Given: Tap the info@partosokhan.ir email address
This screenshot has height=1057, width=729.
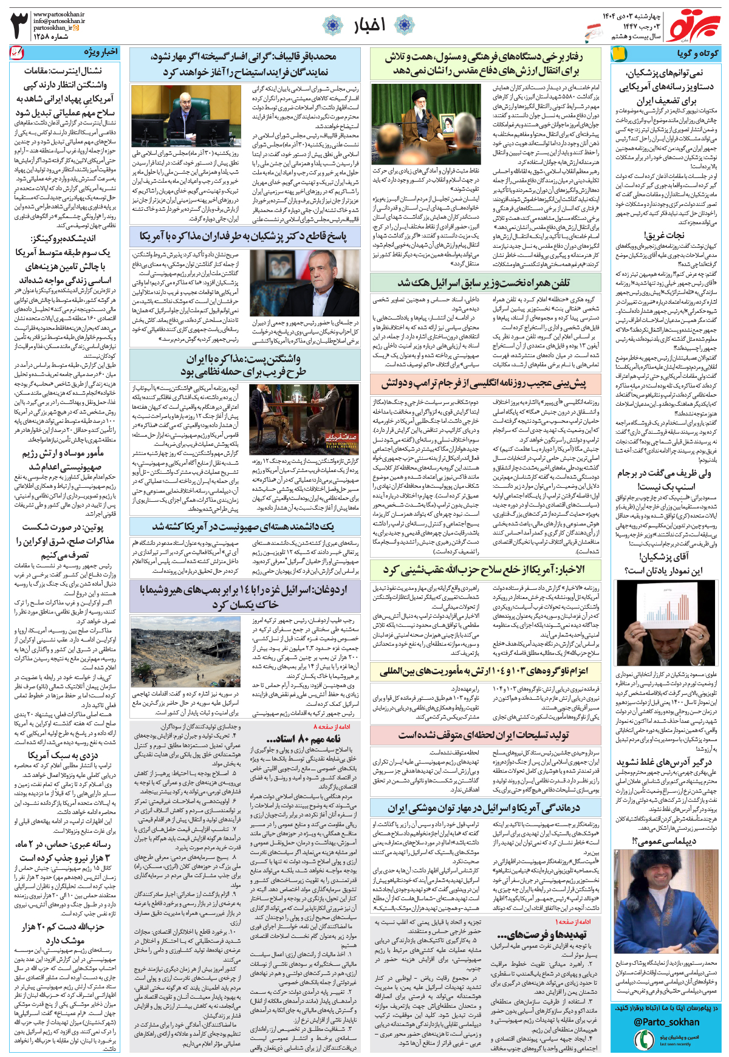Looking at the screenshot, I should (x=59, y=21).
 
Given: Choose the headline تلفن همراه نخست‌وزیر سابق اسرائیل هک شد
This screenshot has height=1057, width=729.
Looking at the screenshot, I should (x=484, y=283).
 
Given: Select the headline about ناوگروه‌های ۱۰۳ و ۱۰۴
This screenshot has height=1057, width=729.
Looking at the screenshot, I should (x=484, y=671).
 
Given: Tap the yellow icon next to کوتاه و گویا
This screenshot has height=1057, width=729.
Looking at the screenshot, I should (x=618, y=53).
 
